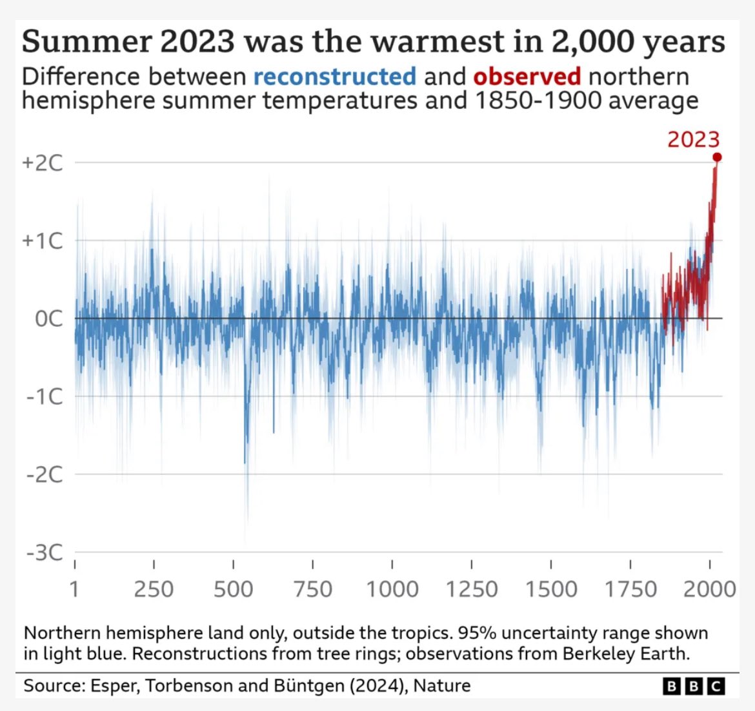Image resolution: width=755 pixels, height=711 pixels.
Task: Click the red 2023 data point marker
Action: pyautogui.click(x=717, y=157)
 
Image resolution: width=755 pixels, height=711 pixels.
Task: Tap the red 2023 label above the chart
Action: pyautogui.click(x=693, y=139)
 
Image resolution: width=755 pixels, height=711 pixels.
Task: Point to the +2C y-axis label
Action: pyautogui.click(x=43, y=162)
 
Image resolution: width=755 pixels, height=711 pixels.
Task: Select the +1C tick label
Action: pyautogui.click(x=43, y=241)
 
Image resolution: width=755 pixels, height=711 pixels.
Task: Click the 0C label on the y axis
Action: pyautogui.click(x=49, y=318)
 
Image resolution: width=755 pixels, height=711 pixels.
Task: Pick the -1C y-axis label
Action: pyautogui.click(x=45, y=396)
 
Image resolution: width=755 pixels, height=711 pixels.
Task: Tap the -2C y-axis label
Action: pyautogui.click(x=45, y=474)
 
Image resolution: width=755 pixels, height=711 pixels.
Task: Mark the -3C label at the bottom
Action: pyautogui.click(x=45, y=552)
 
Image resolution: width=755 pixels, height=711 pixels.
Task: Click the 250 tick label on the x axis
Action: pyautogui.click(x=154, y=589)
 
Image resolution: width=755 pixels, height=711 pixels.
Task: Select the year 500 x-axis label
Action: pyautogui.click(x=233, y=589)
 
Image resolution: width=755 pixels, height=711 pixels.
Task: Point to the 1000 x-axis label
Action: pyautogui.click(x=392, y=589)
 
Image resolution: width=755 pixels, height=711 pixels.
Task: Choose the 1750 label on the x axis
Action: pyautogui.click(x=630, y=589)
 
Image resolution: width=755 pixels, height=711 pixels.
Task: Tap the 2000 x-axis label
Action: pyautogui.click(x=710, y=589)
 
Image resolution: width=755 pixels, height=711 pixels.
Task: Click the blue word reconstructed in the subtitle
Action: pyautogui.click(x=334, y=77)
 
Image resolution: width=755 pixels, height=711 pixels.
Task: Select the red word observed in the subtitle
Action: pyautogui.click(x=527, y=77)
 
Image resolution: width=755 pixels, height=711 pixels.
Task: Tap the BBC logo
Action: pyautogui.click(x=694, y=687)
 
